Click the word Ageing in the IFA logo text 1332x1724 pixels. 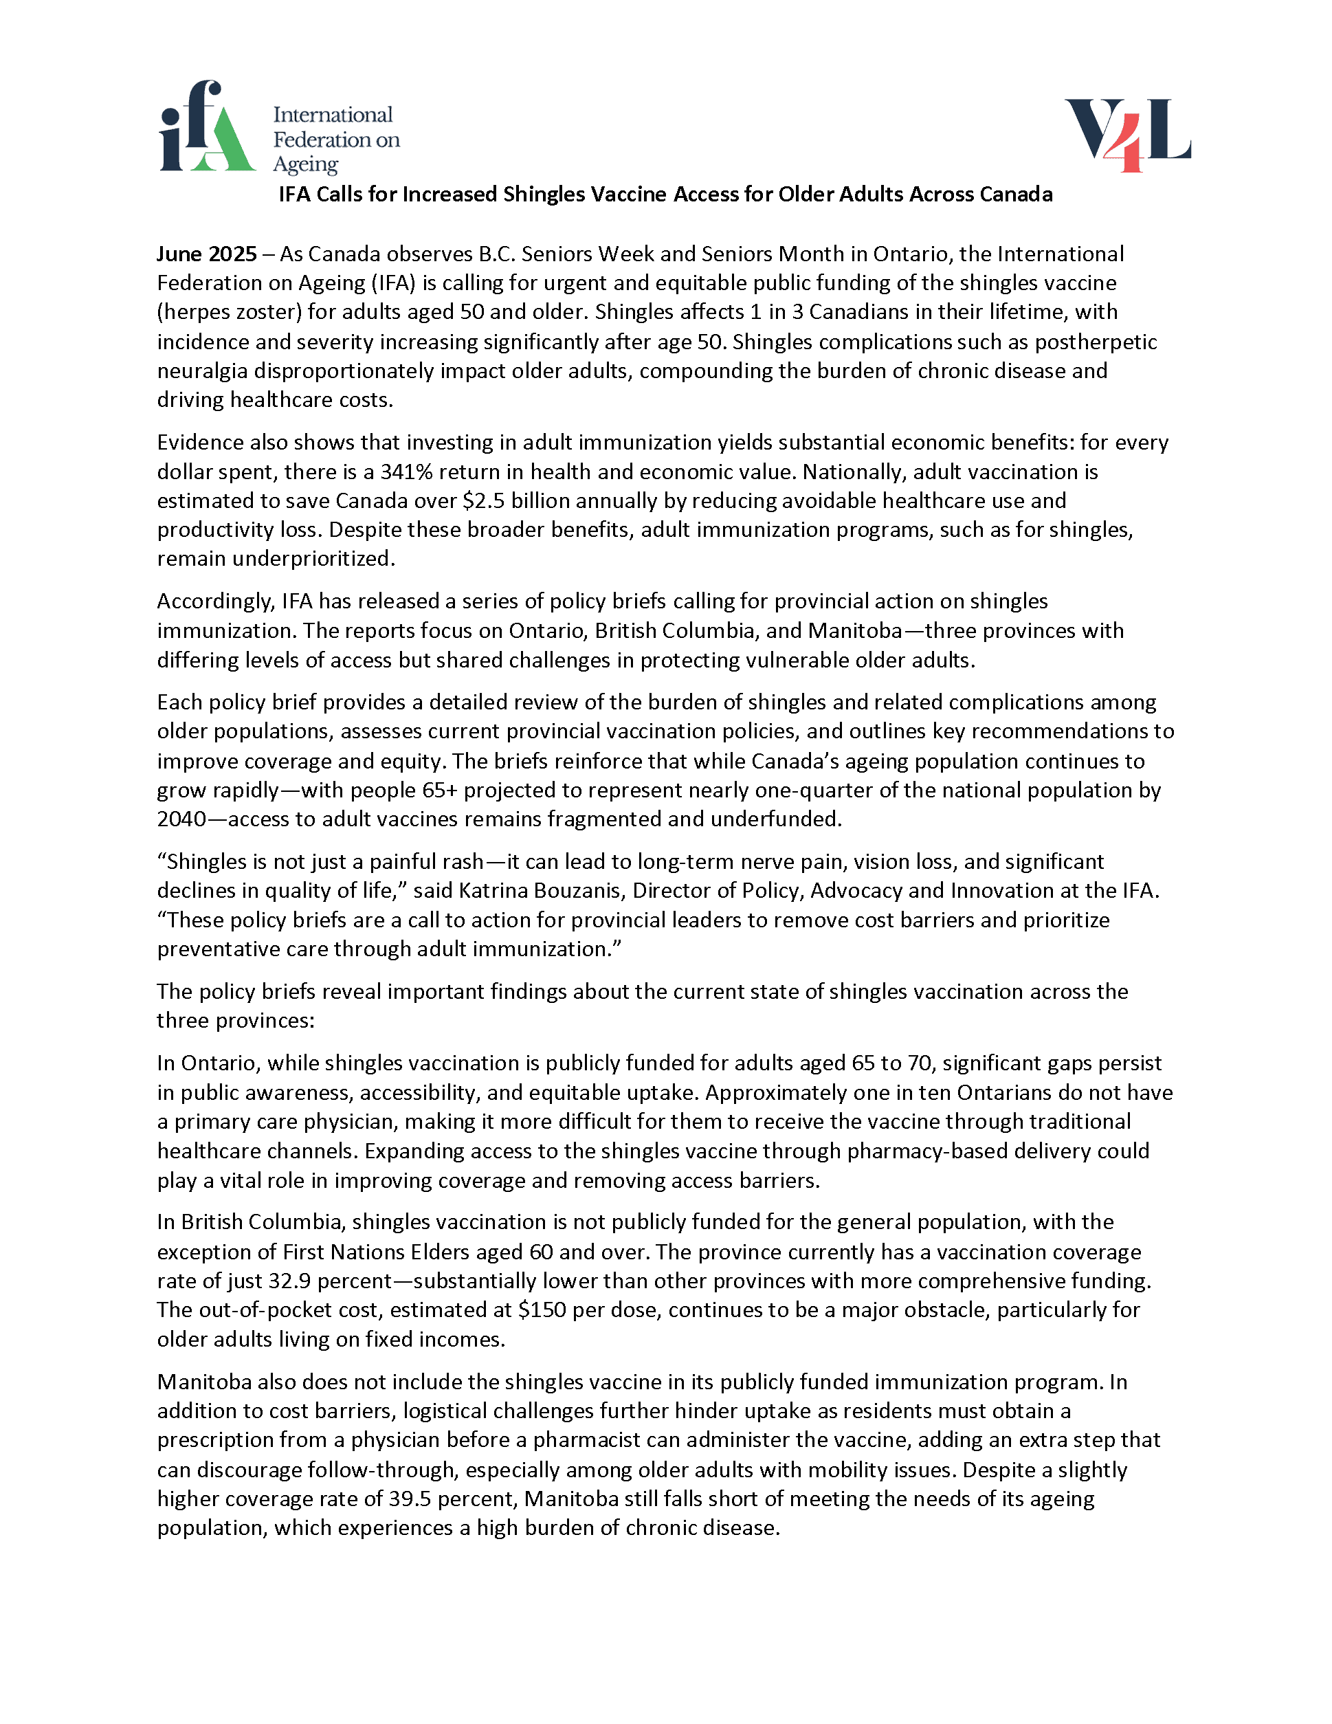[305, 164]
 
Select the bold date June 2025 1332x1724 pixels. [207, 254]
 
